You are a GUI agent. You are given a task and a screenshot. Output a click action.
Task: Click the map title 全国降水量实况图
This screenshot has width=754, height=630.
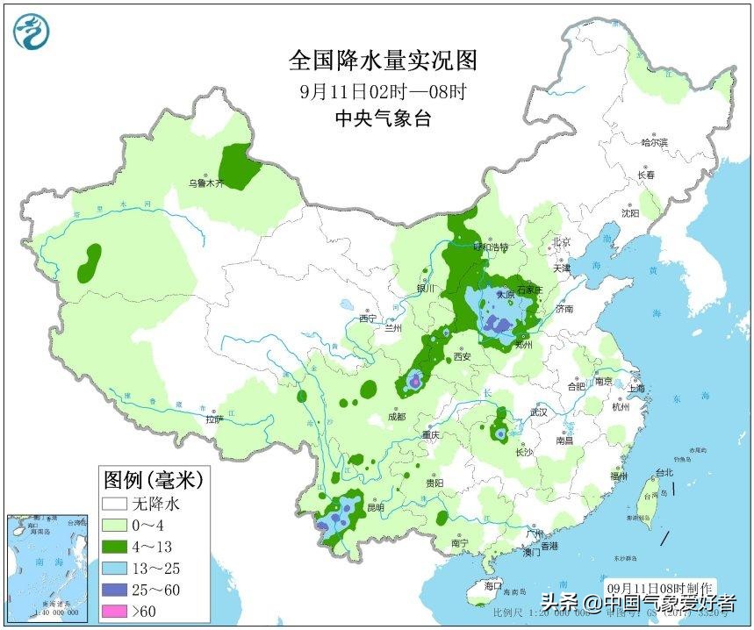384,60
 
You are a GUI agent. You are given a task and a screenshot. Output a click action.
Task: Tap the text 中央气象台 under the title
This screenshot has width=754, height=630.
383,118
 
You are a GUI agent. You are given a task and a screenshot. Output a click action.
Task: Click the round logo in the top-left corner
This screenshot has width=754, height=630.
32,32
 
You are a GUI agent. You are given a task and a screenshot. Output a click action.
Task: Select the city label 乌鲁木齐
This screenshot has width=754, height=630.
207,184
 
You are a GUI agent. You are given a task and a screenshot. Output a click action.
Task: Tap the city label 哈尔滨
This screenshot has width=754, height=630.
654,142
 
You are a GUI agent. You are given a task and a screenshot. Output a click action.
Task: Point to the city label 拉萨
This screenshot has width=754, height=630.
215,420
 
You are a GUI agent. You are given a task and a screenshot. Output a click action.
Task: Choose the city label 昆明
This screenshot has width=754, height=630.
375,507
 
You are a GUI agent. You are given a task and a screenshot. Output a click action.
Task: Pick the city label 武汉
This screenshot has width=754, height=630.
538,412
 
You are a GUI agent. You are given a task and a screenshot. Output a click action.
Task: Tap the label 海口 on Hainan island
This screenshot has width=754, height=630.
492,586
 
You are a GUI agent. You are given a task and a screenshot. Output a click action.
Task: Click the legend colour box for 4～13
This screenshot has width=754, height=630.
114,546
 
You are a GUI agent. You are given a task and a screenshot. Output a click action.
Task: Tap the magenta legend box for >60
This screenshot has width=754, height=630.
114,610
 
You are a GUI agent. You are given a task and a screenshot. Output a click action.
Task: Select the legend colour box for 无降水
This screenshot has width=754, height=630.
114,504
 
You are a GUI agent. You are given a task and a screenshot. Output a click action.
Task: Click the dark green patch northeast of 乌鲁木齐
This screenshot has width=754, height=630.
240,164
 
